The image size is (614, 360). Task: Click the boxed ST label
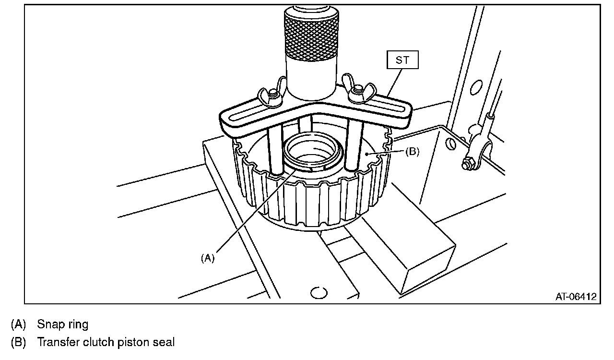tap(402, 61)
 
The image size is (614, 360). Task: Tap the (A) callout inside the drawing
tap(207, 258)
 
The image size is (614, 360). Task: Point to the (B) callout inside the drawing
tap(412, 151)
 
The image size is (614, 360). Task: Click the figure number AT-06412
tap(576, 297)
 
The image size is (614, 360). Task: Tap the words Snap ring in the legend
tap(62, 324)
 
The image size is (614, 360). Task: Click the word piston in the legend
tap(132, 343)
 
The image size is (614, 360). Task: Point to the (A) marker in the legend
tap(18, 324)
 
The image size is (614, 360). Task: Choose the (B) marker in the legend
tap(18, 343)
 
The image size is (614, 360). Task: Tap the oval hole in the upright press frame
tap(476, 87)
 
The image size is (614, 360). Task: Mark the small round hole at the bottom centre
tap(319, 292)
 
